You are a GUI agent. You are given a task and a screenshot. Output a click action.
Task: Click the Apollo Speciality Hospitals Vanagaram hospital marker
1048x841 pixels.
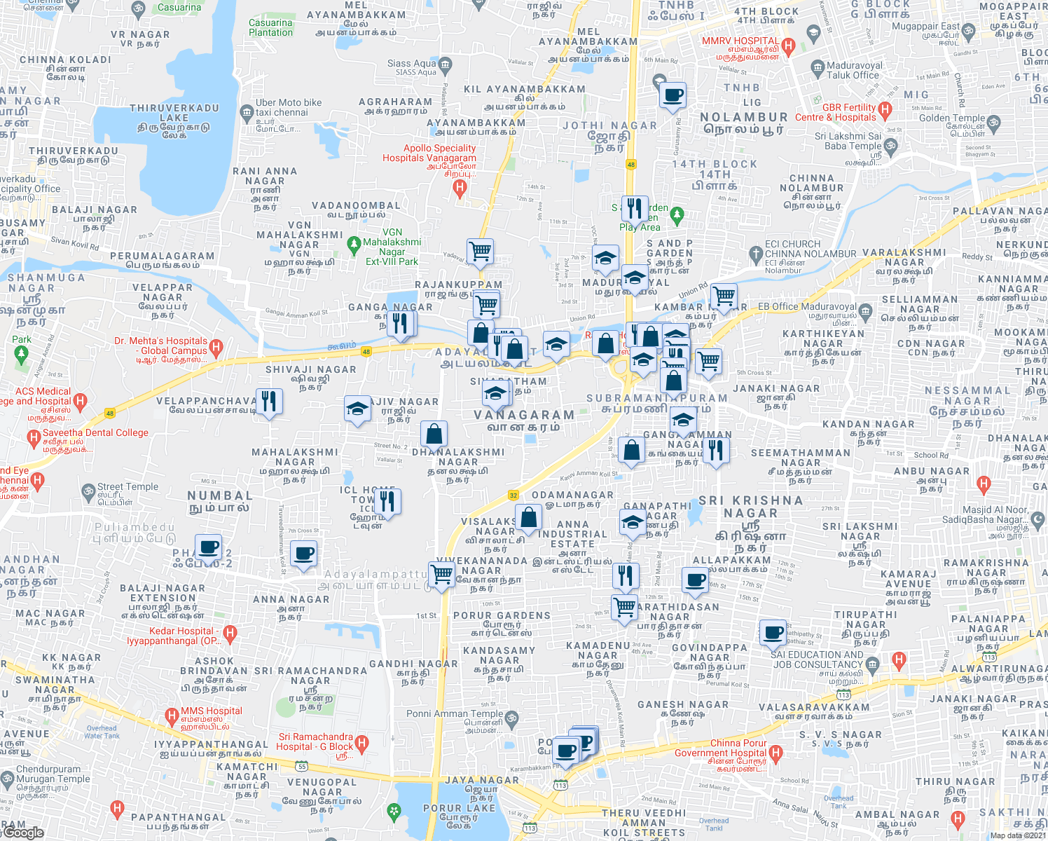point(460,187)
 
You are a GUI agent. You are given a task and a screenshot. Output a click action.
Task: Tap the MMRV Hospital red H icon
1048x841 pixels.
point(788,48)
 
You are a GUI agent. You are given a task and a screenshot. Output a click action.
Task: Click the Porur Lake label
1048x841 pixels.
point(459,812)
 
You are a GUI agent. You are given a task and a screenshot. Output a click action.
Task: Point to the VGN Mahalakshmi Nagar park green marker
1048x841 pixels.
point(354,245)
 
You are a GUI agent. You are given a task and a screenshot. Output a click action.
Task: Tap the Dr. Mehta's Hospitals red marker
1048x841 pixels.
point(216,346)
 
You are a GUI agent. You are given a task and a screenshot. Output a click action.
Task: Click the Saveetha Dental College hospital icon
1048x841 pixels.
point(34,439)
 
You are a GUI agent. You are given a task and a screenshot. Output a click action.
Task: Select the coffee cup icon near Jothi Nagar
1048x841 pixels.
point(673,95)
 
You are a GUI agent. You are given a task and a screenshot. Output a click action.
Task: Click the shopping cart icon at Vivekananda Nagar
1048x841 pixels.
point(442,574)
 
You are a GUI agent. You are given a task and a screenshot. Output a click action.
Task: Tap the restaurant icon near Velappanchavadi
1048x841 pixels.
point(269,402)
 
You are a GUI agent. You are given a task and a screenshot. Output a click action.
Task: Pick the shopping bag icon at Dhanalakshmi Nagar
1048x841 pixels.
point(434,435)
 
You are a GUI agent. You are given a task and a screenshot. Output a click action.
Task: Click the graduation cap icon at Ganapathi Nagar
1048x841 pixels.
point(633,522)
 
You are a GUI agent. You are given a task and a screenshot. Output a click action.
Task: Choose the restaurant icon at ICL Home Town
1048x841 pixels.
point(387,502)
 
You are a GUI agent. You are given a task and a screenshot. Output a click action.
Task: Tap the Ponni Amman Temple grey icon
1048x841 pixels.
point(512,718)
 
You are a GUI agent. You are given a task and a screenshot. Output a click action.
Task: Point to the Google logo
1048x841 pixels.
point(23,832)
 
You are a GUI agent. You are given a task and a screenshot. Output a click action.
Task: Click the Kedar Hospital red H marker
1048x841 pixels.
point(230,634)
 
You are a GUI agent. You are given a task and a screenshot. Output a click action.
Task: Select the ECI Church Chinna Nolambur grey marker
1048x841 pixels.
point(755,253)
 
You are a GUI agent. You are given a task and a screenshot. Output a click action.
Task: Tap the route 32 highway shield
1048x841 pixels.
point(513,495)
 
